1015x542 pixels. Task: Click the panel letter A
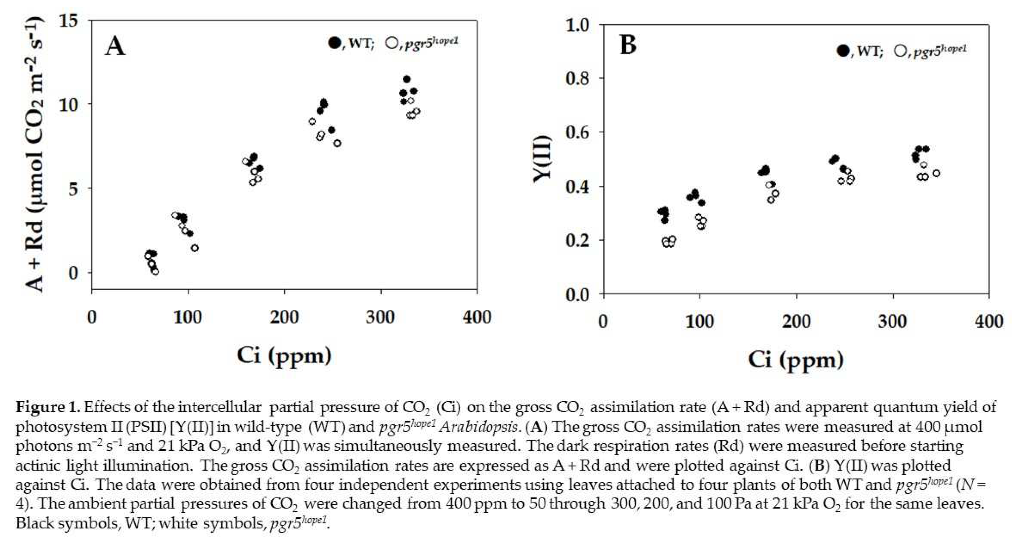coord(115,47)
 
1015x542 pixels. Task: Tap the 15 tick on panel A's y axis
coord(68,21)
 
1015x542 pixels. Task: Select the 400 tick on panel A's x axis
coord(477,317)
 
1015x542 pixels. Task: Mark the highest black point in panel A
coord(407,79)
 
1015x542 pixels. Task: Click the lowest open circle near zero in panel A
coord(155,272)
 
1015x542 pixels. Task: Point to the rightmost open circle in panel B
coord(936,173)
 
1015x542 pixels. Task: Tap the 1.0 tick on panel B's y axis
coord(577,25)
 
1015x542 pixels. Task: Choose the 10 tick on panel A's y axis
coord(68,105)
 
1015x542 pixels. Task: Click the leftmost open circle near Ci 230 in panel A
coord(312,121)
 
